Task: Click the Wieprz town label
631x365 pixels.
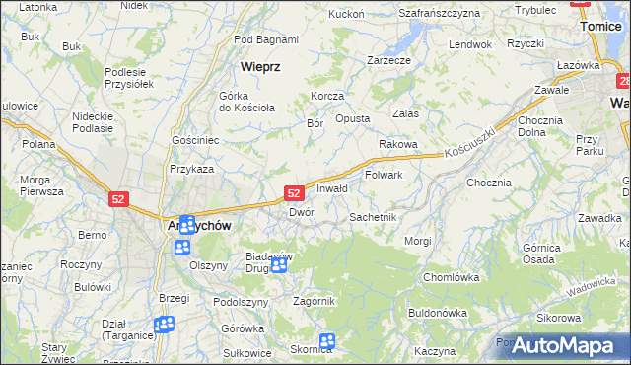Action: [261, 67]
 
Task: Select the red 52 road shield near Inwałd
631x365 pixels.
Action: [294, 194]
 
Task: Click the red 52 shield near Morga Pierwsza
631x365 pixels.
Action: [118, 198]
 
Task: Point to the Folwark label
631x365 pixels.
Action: [384, 175]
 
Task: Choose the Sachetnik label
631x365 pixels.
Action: [373, 216]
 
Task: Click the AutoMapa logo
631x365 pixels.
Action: [563, 345]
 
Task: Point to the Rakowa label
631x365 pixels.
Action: [398, 143]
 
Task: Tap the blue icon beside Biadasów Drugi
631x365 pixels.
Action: [279, 264]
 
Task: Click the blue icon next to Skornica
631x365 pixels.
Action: [326, 341]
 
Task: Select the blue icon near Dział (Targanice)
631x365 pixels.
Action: [165, 324]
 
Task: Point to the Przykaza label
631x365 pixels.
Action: [191, 169]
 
